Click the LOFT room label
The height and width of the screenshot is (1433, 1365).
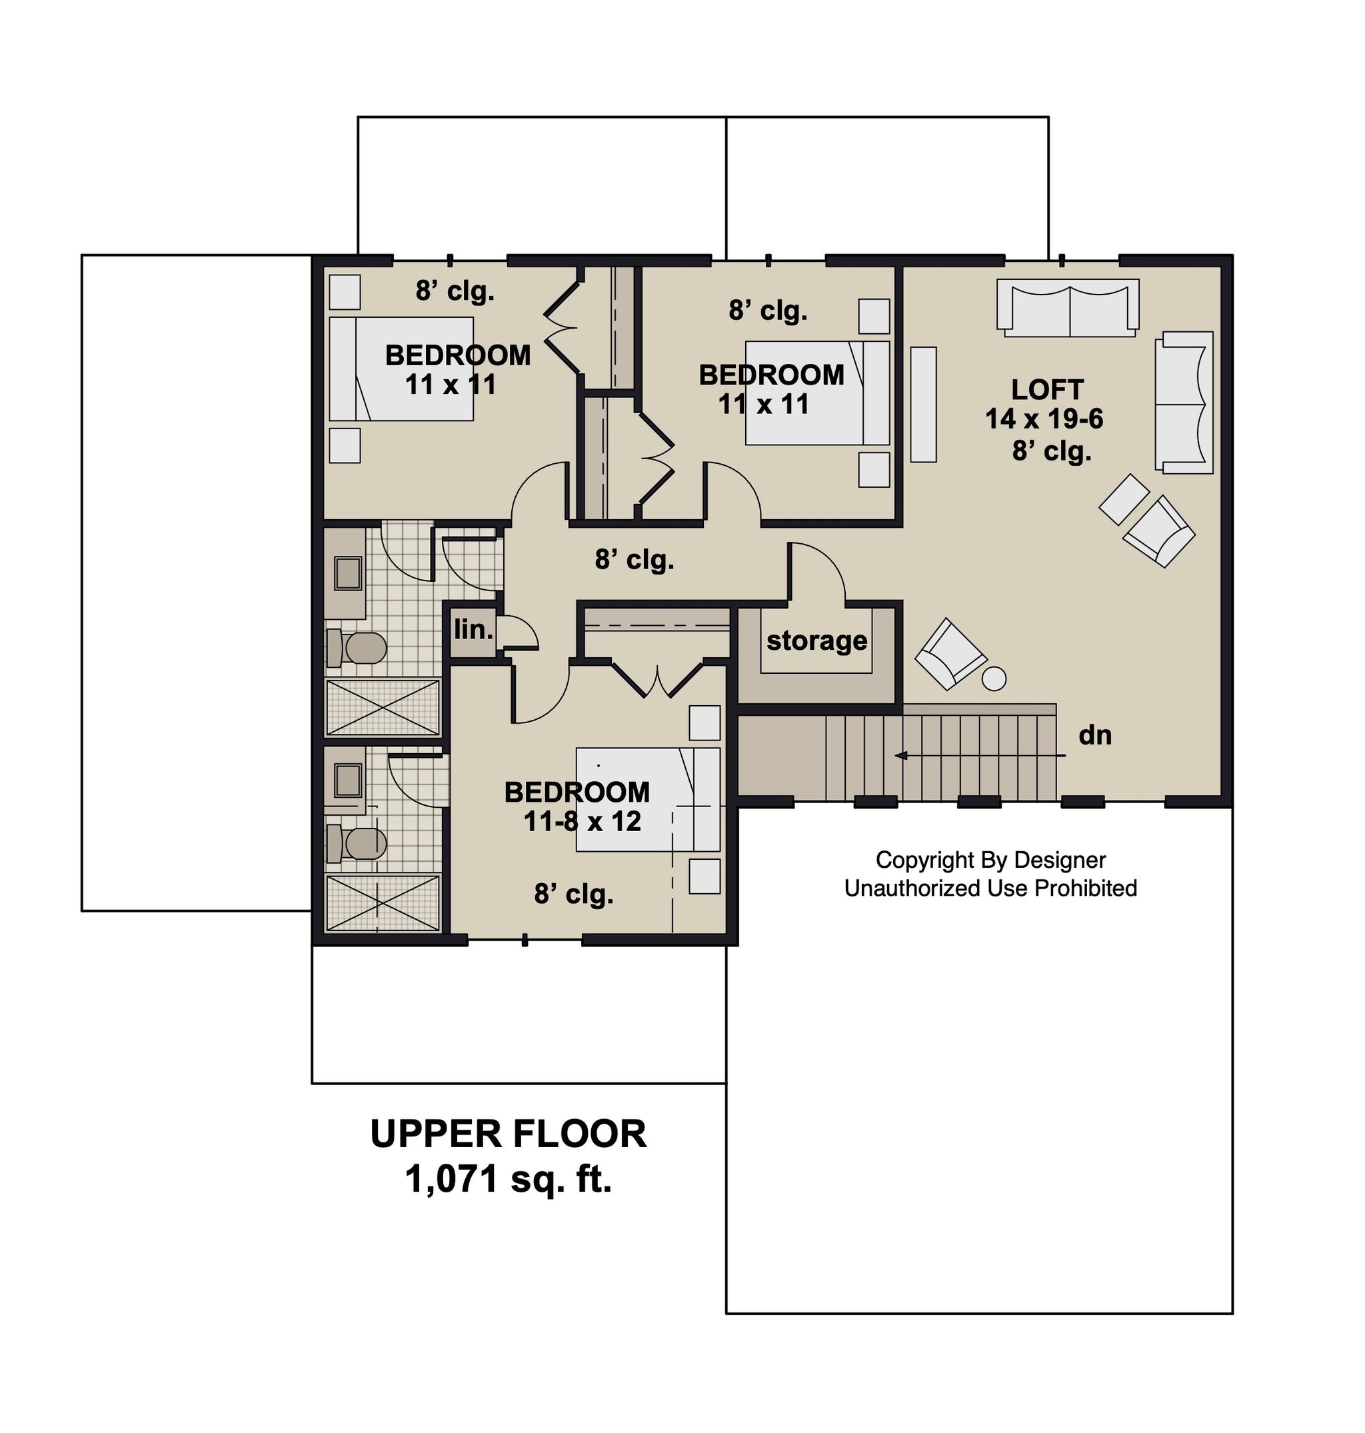point(1047,389)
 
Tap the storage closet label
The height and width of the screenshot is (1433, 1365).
point(816,641)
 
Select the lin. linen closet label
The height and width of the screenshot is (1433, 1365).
point(474,630)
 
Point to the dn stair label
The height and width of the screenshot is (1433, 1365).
point(1094,735)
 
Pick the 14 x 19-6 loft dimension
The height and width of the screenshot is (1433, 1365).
point(1044,419)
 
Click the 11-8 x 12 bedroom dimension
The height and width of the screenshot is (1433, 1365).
point(582,821)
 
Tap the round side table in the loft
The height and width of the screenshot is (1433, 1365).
point(994,679)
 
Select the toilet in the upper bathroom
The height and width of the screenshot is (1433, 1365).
point(357,648)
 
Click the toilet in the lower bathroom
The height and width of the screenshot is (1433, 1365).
point(357,842)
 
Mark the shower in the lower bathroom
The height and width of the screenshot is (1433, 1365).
point(383,902)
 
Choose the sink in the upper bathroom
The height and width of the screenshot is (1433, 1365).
point(348,573)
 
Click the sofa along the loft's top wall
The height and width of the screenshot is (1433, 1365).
point(1068,307)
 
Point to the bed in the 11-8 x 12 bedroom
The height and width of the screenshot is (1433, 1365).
point(648,799)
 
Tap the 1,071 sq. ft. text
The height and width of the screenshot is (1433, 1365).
point(508,1178)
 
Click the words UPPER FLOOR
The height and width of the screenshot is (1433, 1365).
point(508,1134)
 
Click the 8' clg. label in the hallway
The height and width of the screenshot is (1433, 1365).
point(635,559)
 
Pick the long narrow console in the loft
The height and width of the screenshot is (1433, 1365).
point(923,405)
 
